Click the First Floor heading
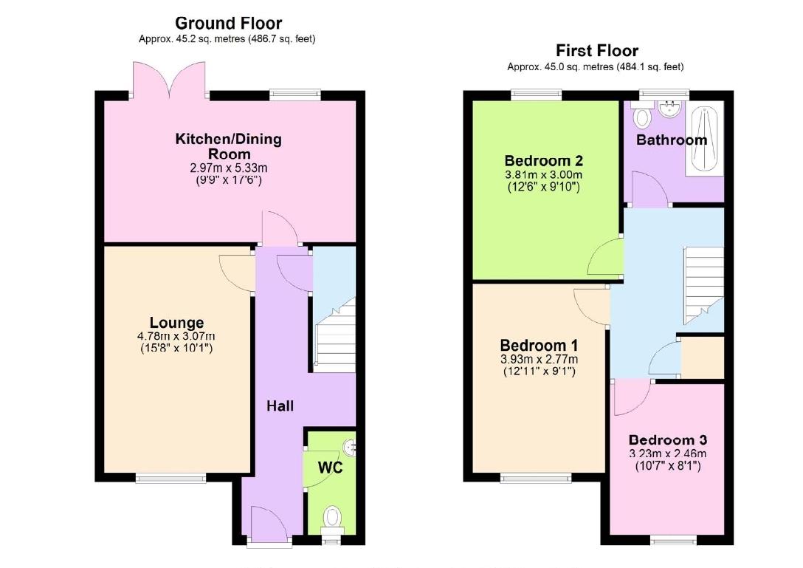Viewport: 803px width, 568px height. (596, 50)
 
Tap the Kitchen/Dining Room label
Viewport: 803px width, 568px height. (228, 146)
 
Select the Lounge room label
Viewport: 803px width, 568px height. (176, 323)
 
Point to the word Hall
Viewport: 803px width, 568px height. (280, 406)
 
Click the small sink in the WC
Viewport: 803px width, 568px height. (351, 445)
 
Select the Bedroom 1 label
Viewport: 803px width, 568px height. (539, 346)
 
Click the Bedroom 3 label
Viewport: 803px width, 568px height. (667, 440)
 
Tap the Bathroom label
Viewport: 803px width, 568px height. (672, 140)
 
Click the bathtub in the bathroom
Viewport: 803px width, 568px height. (705, 138)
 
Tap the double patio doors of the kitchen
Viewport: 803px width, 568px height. (170, 80)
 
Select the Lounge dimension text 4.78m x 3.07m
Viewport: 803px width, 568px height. (176, 336)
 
